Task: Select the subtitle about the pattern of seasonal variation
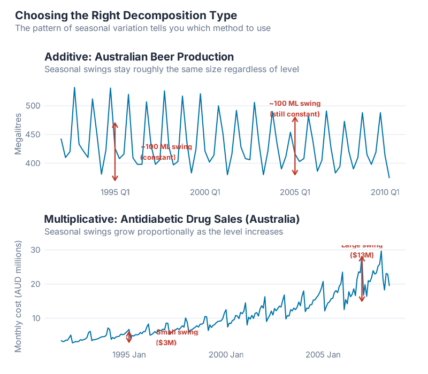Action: pyautogui.click(x=143, y=28)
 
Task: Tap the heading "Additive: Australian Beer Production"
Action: pyautogui.click(x=139, y=57)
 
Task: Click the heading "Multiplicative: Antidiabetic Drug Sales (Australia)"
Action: pyautogui.click(x=171, y=219)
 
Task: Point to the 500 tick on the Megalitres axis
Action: pyautogui.click(x=34, y=106)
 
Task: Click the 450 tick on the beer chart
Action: pyautogui.click(x=34, y=135)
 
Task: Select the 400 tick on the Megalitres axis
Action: pyautogui.click(x=34, y=163)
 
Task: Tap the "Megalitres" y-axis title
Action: pyautogui.click(x=18, y=134)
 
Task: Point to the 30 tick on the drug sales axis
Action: pyautogui.click(x=36, y=250)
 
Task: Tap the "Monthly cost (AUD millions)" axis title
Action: pyautogui.click(x=18, y=297)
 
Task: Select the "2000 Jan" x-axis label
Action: pyautogui.click(x=226, y=354)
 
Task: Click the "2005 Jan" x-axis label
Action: pyautogui.click(x=323, y=354)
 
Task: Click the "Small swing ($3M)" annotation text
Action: pyautogui.click(x=177, y=337)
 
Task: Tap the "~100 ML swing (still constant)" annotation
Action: pyautogui.click(x=295, y=108)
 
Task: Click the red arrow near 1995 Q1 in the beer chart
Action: pyautogui.click(x=114, y=151)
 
